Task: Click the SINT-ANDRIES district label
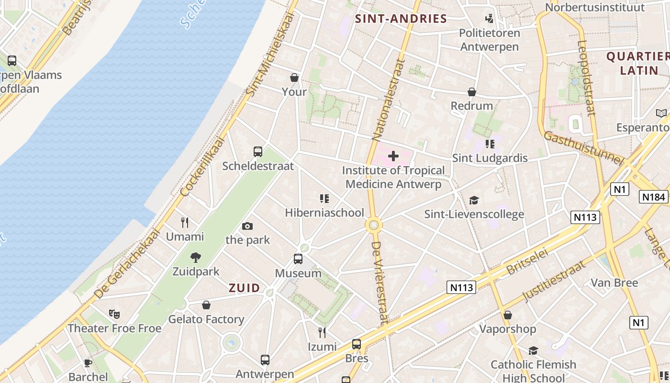pyautogui.click(x=401, y=19)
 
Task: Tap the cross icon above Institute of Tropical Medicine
pyautogui.click(x=393, y=156)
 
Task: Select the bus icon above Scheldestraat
pyautogui.click(x=258, y=152)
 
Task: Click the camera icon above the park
pyautogui.click(x=247, y=226)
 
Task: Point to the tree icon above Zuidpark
pyautogui.click(x=196, y=258)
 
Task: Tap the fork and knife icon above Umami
pyautogui.click(x=185, y=223)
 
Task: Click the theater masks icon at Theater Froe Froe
pyautogui.click(x=114, y=314)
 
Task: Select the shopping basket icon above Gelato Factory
pyautogui.click(x=206, y=305)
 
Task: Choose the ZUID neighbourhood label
pyautogui.click(x=244, y=288)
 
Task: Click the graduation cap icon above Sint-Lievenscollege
pyautogui.click(x=474, y=200)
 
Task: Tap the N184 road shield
pyautogui.click(x=653, y=197)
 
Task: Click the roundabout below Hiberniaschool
pyautogui.click(x=373, y=225)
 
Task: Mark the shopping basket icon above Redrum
pyautogui.click(x=472, y=92)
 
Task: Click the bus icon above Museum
pyautogui.click(x=298, y=259)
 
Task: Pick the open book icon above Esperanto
pyautogui.click(x=661, y=113)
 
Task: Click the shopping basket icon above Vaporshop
pyautogui.click(x=508, y=315)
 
